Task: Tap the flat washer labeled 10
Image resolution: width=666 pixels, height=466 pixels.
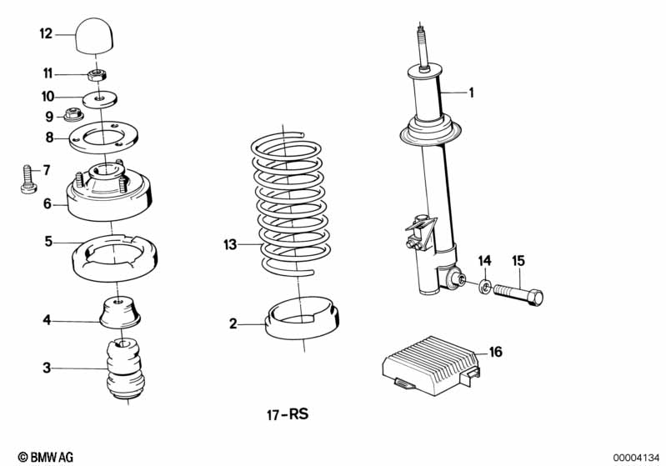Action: [x=100, y=96]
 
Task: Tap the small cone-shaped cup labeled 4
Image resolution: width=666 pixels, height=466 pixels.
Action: [x=120, y=313]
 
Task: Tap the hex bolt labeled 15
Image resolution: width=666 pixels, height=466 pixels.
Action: [x=518, y=294]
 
